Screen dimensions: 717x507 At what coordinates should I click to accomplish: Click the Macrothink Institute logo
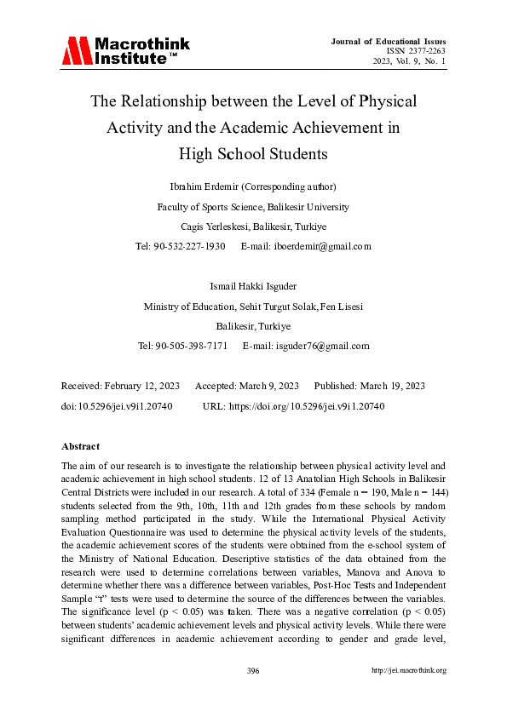click(125, 51)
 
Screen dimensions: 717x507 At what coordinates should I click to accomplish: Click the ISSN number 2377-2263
click(423, 50)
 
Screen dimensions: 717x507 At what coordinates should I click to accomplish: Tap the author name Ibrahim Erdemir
click(208, 186)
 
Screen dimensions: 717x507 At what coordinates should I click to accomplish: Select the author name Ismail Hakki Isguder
click(253, 287)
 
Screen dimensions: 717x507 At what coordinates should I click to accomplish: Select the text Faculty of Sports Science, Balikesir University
click(253, 207)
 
